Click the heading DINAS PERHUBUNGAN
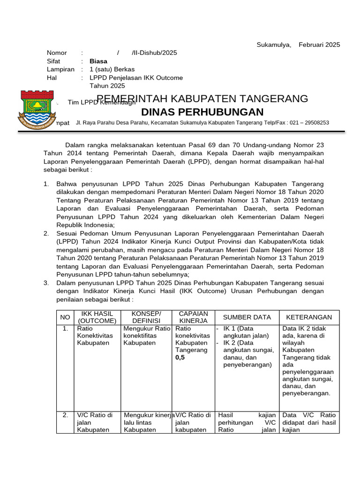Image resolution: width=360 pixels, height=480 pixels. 202,112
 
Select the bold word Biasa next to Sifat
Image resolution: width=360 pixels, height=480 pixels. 98,61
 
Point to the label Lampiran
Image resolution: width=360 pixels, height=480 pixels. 60,69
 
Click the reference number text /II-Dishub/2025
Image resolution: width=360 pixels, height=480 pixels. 154,53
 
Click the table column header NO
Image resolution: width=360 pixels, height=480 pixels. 65,317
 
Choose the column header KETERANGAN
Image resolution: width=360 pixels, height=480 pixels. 309,317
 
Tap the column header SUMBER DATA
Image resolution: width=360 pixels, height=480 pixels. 247,317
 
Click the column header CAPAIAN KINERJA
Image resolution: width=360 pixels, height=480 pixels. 194,317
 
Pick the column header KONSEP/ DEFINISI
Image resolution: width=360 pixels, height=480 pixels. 146,317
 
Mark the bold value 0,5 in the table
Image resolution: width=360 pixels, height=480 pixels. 180,358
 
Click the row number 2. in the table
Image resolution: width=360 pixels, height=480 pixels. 66,415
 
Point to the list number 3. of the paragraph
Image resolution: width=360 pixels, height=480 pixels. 46,283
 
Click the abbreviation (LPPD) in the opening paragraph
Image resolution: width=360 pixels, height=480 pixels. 201,162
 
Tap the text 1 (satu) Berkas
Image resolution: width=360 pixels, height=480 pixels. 112,69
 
